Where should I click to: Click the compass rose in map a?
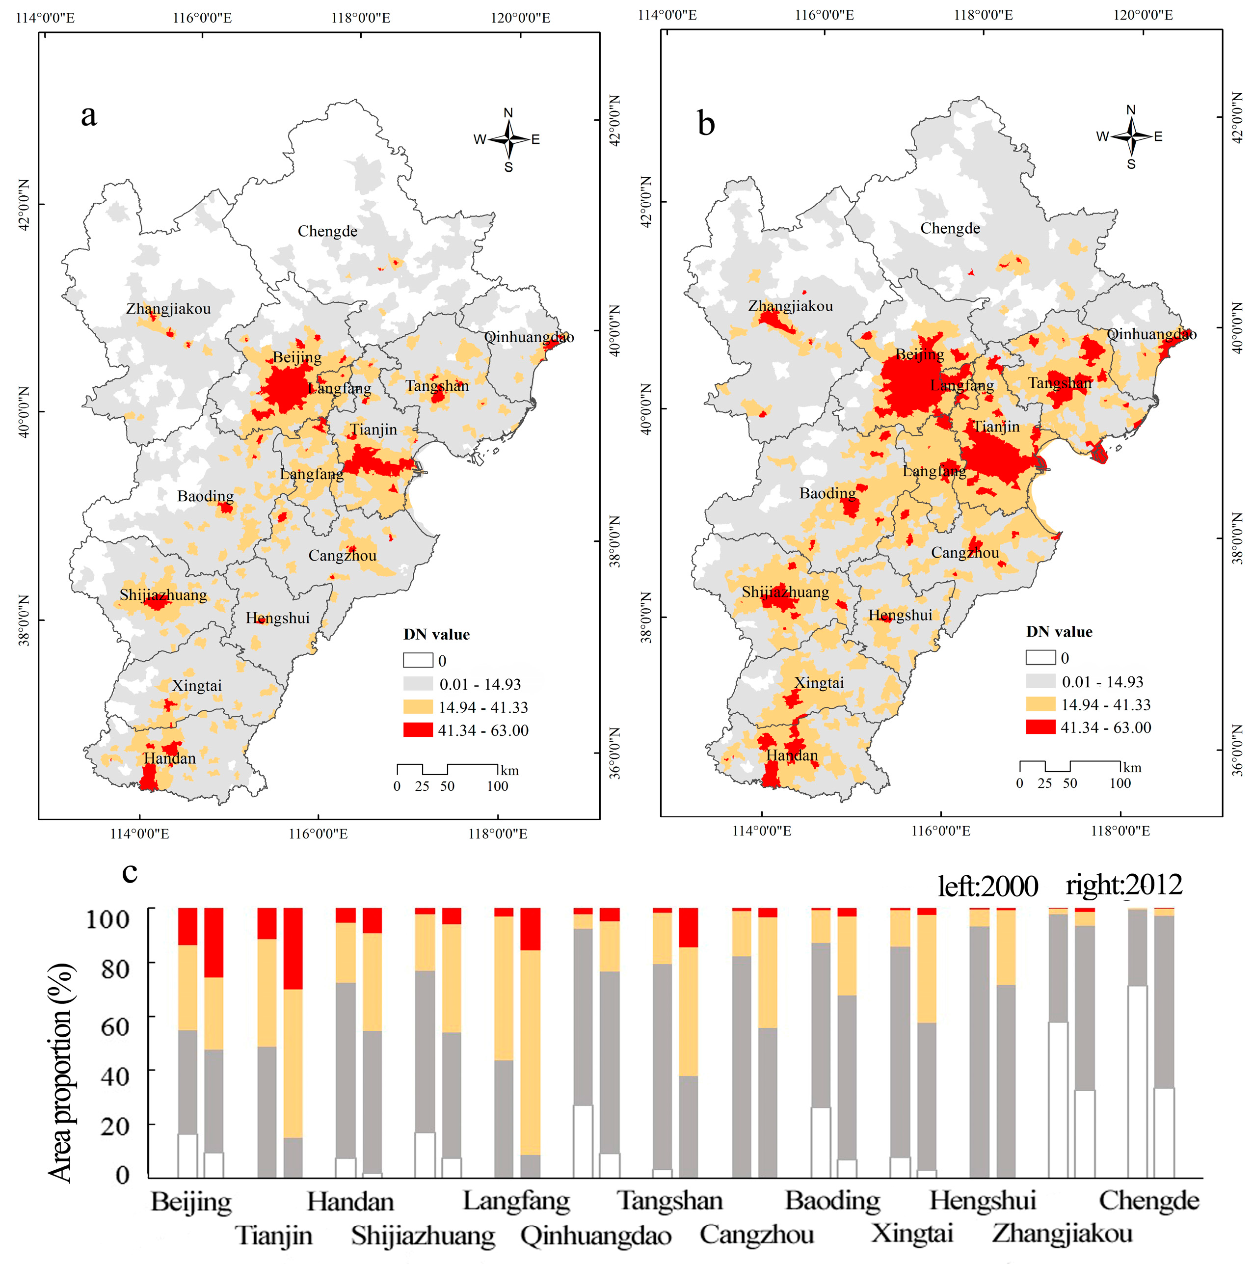[x=508, y=139]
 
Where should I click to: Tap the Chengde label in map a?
[x=327, y=231]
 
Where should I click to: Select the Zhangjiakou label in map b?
[x=790, y=305]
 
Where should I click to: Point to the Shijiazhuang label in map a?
[x=163, y=595]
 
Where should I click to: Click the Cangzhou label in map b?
[x=965, y=553]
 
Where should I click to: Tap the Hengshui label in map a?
[x=277, y=619]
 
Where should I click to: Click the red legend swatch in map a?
[x=418, y=729]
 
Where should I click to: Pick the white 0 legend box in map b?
[x=1040, y=657]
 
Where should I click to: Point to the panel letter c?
[x=130, y=872]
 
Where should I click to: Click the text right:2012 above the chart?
[x=1123, y=885]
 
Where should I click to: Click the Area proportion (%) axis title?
[x=60, y=1073]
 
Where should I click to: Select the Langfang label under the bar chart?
[x=516, y=1201]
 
